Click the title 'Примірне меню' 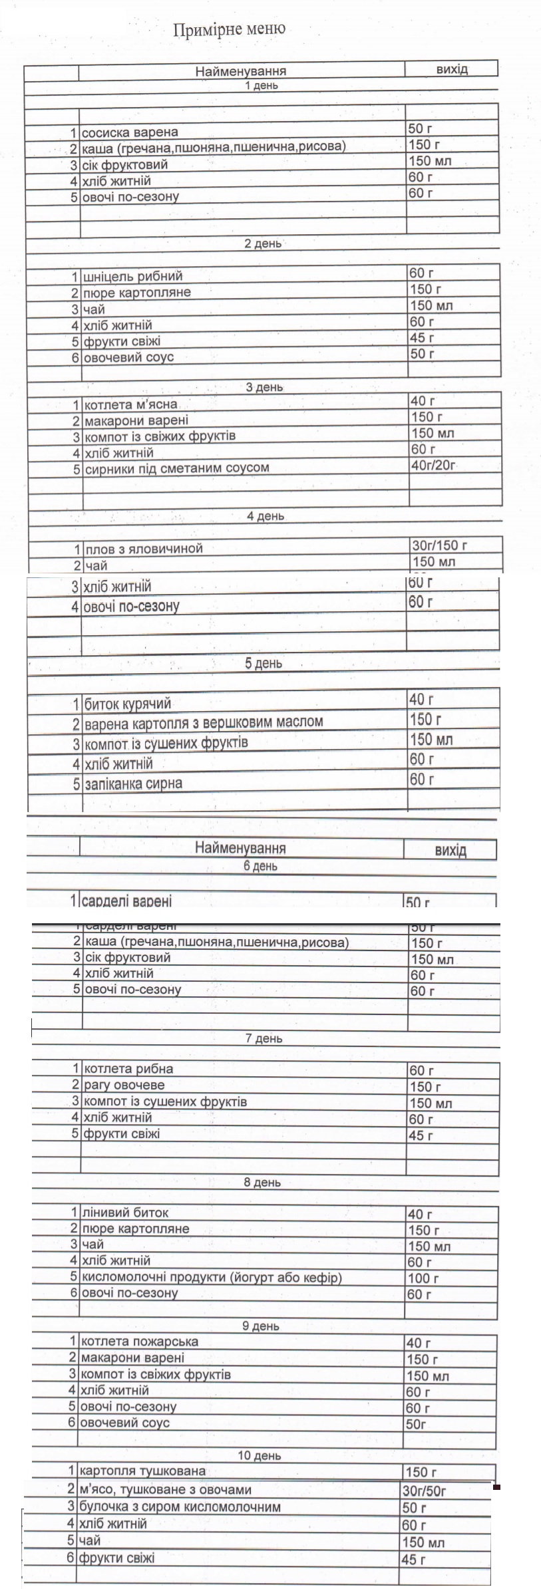229,29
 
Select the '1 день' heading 262,86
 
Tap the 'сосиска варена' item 130,132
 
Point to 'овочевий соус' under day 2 128,357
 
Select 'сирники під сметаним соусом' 176,468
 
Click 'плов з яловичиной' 143,549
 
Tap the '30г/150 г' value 439,546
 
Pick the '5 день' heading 264,663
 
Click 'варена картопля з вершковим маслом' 204,722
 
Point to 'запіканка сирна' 133,784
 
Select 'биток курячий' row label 128,703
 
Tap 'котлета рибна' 128,1069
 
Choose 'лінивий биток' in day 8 124,1213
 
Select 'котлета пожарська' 139,1342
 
